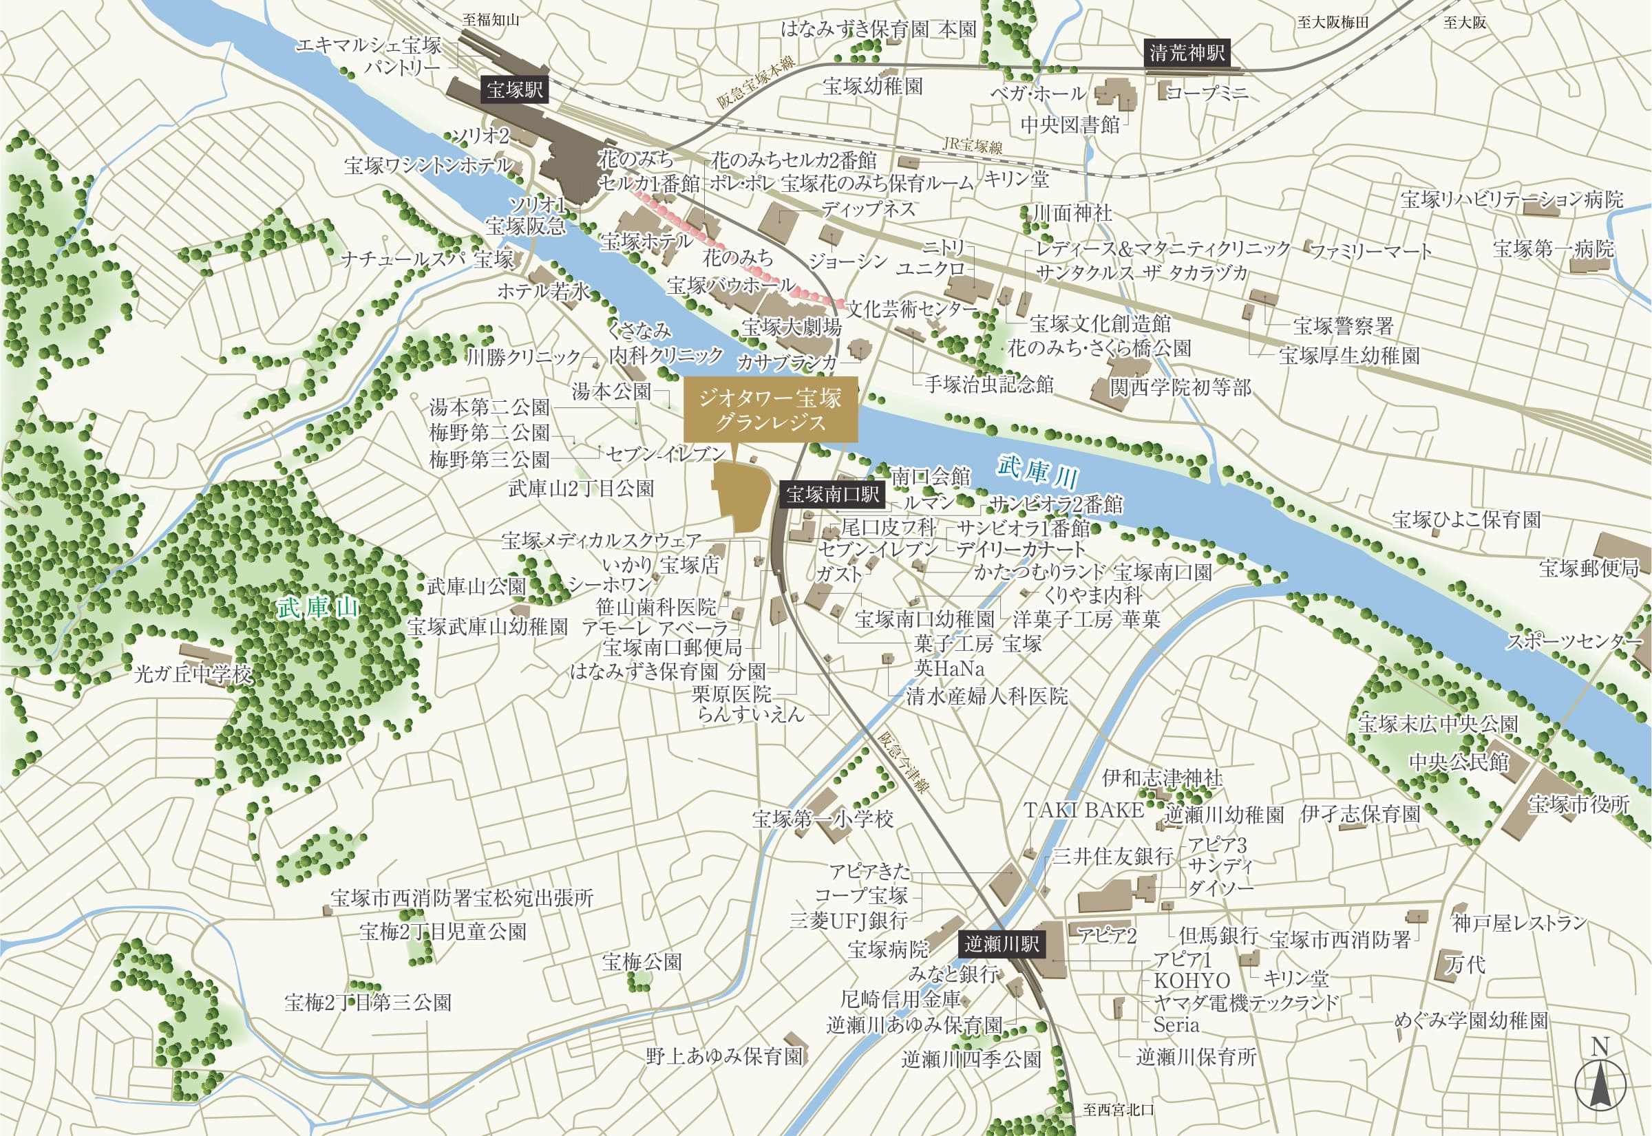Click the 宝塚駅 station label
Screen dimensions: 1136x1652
pos(514,89)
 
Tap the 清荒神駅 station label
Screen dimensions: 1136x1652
pos(1187,53)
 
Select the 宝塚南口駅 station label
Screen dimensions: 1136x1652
pos(832,494)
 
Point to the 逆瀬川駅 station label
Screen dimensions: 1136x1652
pos(1002,945)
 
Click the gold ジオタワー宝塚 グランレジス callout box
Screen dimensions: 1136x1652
pos(770,410)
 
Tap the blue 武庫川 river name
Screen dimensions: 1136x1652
pos(1037,471)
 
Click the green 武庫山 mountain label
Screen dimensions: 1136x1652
pos(317,607)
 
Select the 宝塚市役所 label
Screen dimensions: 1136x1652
pos(1578,804)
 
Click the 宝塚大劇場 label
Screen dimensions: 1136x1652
pos(791,328)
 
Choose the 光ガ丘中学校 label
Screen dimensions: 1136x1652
pos(193,674)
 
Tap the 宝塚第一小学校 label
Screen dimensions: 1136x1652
pos(823,819)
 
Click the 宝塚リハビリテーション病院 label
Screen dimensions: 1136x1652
pos(1511,200)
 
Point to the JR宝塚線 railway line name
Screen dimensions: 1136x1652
pos(972,145)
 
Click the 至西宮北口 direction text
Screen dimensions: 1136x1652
pos(1118,1110)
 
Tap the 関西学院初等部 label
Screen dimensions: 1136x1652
pos(1180,388)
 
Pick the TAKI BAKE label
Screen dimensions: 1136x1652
pos(1083,810)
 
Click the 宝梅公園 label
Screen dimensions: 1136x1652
pos(642,963)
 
